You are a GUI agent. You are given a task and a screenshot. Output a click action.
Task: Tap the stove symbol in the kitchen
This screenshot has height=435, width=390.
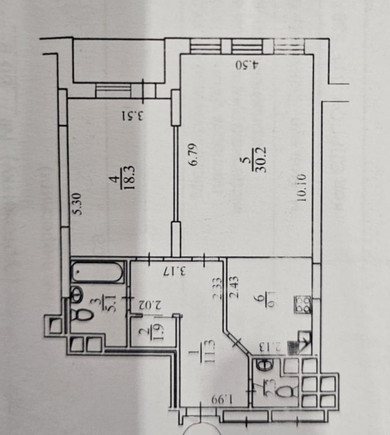click(x=304, y=304)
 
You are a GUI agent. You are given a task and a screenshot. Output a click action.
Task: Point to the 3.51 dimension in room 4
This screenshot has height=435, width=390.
click(x=132, y=116)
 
